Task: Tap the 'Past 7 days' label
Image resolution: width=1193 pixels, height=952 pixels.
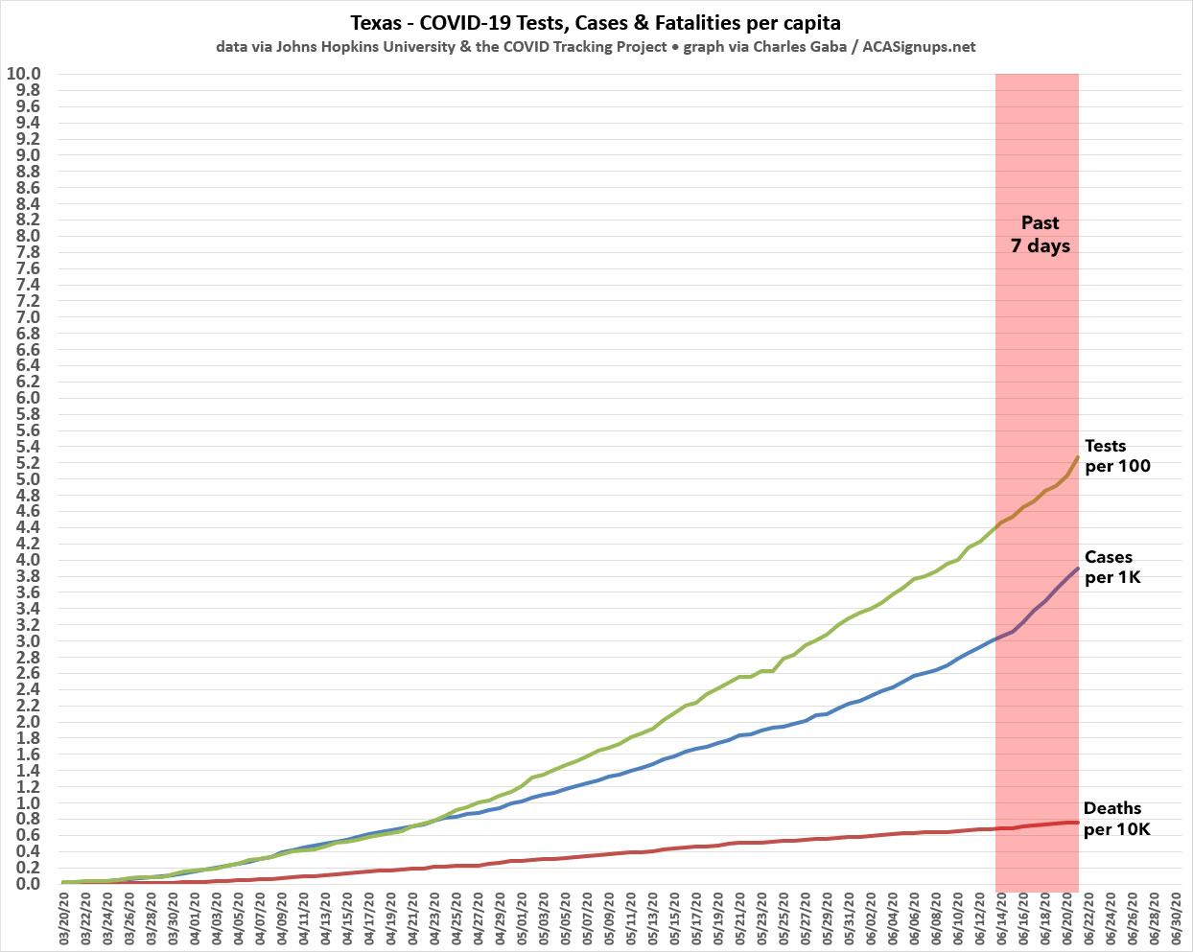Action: click(x=1039, y=234)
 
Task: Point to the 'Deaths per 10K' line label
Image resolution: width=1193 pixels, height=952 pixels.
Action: click(x=1115, y=818)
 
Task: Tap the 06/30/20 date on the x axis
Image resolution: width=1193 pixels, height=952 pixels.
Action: click(x=1178, y=919)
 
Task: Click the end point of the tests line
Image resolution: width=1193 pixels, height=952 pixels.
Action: click(x=1078, y=456)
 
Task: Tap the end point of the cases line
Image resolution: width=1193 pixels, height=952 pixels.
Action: click(x=1078, y=569)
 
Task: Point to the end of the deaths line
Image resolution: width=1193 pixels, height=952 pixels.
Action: click(x=1078, y=823)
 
